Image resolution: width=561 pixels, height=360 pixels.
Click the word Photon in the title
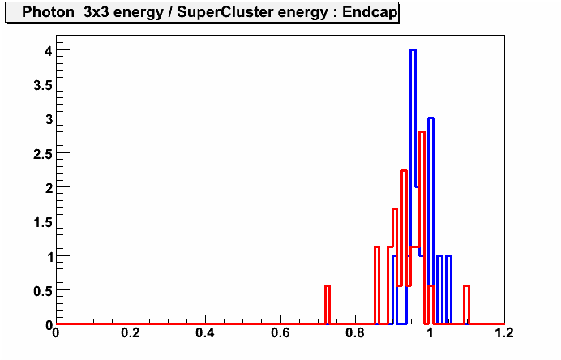[48, 12]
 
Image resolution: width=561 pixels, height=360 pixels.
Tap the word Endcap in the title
[370, 12]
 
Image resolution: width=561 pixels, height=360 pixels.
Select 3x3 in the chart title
[96, 12]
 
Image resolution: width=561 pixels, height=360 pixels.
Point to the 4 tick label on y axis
[49, 50]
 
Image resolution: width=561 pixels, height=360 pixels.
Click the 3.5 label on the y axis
[43, 85]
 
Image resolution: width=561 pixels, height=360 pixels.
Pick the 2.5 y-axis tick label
[43, 154]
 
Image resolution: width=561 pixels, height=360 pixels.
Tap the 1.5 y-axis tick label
[43, 223]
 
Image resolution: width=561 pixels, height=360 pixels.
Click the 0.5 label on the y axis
[43, 291]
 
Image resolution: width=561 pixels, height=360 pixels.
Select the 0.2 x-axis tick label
[131, 333]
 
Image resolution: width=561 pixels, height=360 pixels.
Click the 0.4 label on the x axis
[205, 333]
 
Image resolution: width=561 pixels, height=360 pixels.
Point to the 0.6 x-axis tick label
[280, 333]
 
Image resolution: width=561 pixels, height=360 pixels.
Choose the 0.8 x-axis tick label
[355, 333]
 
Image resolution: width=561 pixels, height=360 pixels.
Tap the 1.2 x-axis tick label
[504, 333]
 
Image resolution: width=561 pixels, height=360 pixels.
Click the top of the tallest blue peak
[413, 50]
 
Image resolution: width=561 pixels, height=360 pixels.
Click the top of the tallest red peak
[422, 132]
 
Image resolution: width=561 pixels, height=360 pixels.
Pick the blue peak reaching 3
[430, 118]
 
